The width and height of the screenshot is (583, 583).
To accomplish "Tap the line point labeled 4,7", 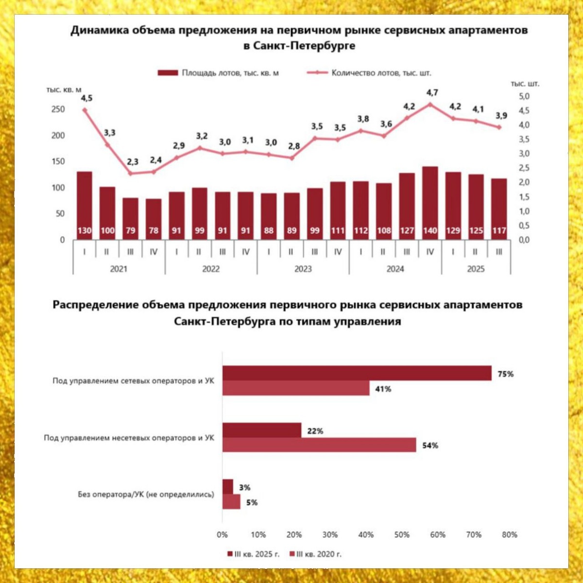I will (x=430, y=104).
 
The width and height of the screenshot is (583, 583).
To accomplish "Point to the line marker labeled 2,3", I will (x=130, y=173).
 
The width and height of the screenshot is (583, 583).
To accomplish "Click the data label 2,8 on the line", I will (x=294, y=146).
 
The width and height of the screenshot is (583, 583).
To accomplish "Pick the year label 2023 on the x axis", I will (x=303, y=269).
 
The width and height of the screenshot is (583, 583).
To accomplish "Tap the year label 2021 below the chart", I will (x=119, y=269).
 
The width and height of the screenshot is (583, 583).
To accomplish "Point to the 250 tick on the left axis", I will (x=58, y=109).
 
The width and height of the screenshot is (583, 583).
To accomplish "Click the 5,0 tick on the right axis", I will (x=524, y=96).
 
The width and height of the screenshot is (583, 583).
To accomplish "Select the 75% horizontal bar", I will (x=357, y=373).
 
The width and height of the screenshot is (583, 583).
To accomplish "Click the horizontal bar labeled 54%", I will (x=319, y=445).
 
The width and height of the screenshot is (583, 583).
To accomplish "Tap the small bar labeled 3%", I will (x=228, y=487).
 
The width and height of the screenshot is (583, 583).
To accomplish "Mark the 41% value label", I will (x=383, y=389).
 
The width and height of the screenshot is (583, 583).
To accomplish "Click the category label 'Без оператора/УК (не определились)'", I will (x=146, y=495).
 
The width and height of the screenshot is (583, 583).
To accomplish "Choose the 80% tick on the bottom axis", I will (x=510, y=534).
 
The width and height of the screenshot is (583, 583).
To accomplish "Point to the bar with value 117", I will (x=499, y=209).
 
